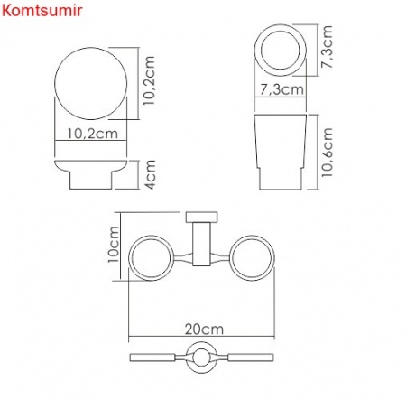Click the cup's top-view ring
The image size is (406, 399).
click(x=281, y=46)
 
